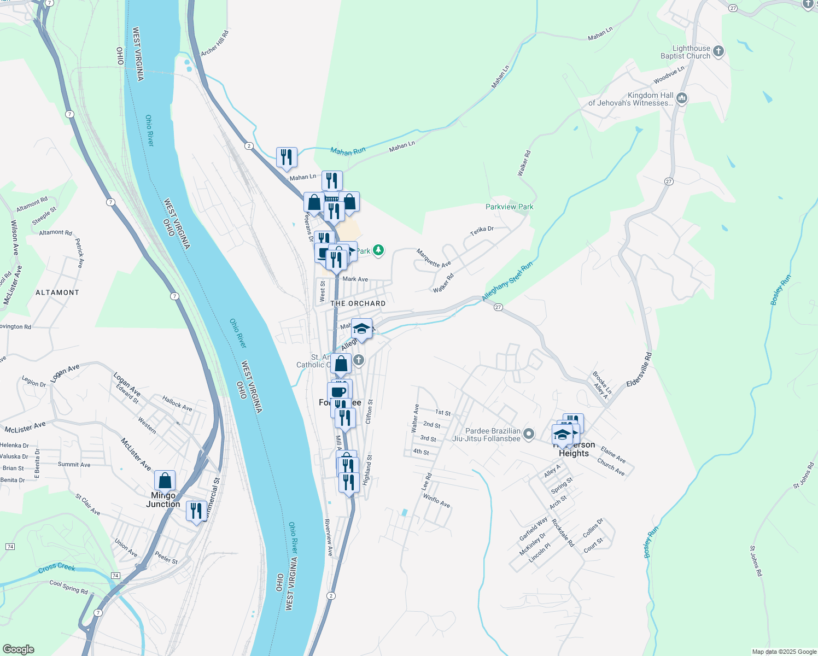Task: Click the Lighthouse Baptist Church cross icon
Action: point(718,52)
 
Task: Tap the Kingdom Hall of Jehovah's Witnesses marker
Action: point(681,98)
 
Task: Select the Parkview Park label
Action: point(509,207)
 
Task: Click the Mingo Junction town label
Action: point(163,500)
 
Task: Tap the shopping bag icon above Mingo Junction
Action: point(165,481)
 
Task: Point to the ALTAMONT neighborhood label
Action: point(57,292)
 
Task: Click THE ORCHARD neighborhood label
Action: point(358,303)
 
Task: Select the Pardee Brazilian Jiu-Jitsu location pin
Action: point(528,434)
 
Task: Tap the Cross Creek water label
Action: point(57,568)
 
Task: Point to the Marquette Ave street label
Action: point(434,258)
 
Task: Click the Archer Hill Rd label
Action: point(215,43)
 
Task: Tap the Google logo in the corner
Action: point(18,649)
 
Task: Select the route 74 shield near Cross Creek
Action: point(115,576)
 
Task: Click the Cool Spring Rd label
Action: point(68,587)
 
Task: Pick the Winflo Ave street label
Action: point(436,501)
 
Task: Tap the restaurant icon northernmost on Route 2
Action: point(287,157)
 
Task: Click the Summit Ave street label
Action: point(74,465)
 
